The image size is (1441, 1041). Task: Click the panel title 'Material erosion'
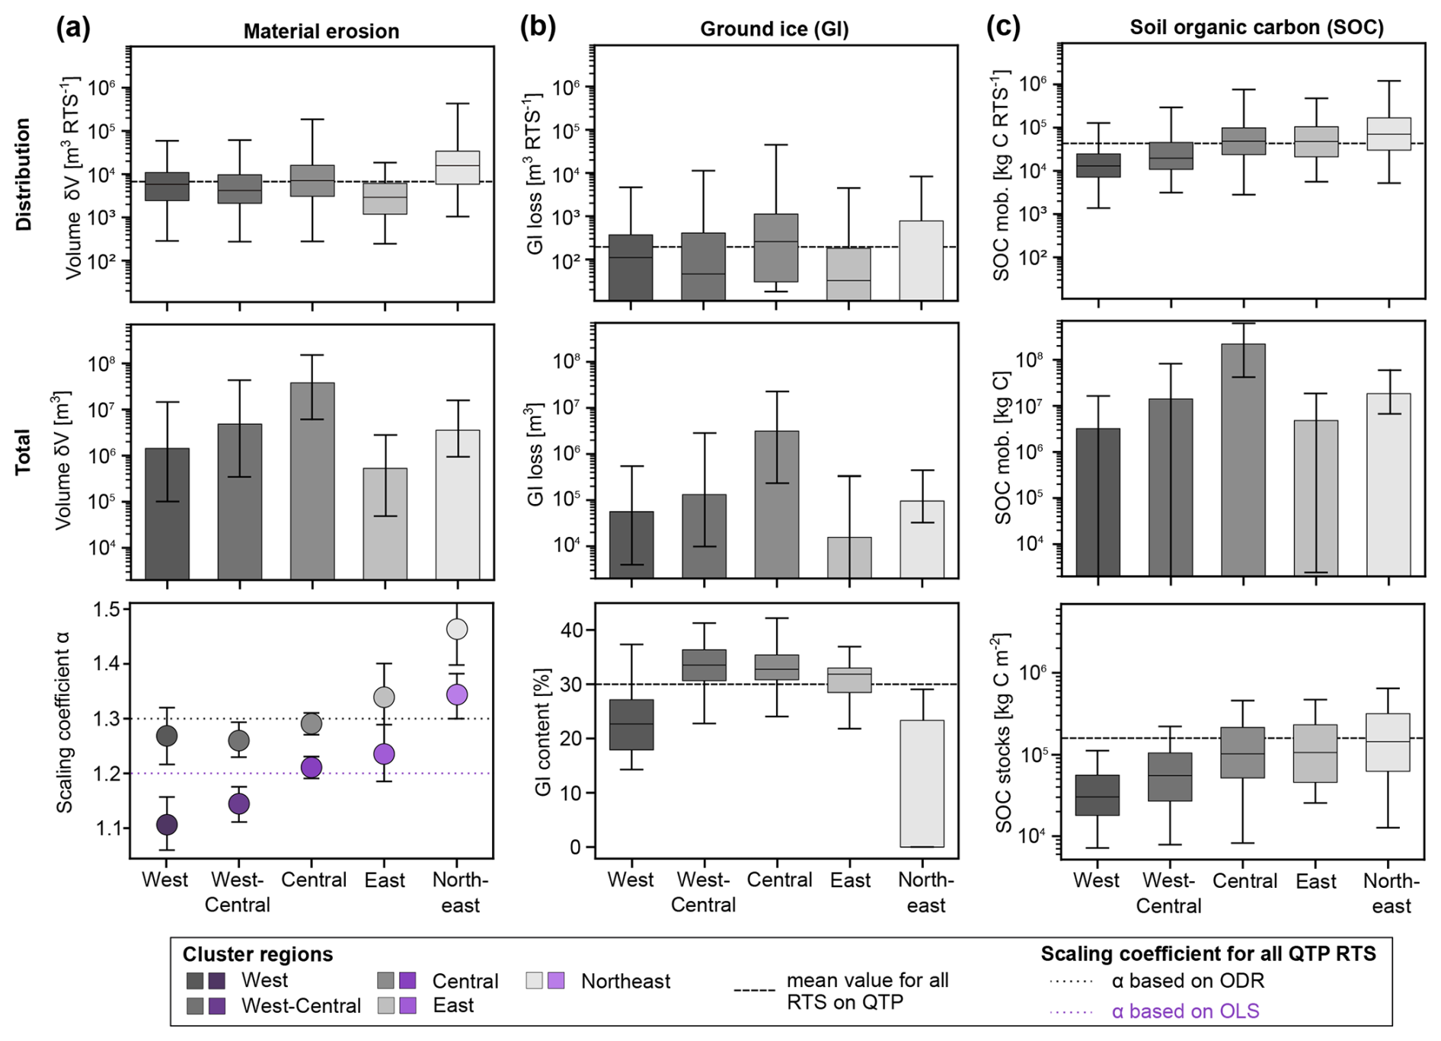321,31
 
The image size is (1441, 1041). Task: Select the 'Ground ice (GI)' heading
774,29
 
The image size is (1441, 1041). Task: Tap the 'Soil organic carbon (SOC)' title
1256,27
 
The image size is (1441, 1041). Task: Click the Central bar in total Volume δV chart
312,480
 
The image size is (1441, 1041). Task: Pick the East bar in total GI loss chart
849,557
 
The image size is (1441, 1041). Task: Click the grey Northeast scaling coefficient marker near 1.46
457,629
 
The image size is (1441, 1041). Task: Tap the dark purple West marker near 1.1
167,824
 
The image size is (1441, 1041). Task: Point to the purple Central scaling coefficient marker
312,768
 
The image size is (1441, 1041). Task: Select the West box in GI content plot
631,724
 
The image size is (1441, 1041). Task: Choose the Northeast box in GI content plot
922,783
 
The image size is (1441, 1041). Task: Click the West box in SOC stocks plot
1098,795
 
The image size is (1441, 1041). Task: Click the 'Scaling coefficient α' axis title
64,722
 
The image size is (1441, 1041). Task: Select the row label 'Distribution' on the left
24,174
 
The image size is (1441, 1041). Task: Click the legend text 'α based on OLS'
1184,1011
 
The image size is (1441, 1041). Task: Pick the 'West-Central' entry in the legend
301,1006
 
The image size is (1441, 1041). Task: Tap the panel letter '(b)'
538,27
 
